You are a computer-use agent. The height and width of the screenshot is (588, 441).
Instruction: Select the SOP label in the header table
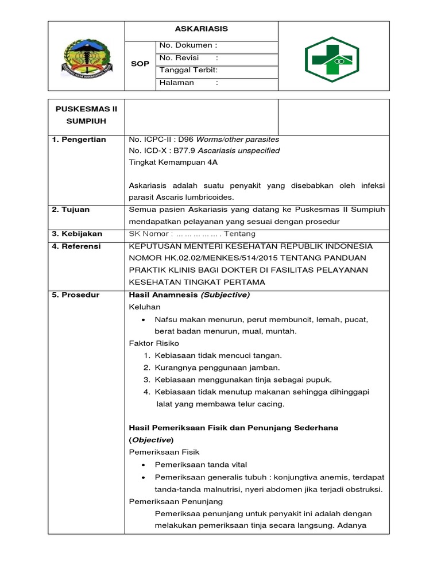(140, 64)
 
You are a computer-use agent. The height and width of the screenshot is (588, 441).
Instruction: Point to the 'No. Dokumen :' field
(188, 45)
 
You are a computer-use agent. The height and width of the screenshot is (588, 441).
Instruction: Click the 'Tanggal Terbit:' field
(188, 70)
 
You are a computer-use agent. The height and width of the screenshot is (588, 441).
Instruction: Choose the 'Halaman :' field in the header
(188, 83)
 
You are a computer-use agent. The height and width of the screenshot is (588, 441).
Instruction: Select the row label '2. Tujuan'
(71, 210)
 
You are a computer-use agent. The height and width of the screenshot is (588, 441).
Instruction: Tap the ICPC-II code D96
(185, 140)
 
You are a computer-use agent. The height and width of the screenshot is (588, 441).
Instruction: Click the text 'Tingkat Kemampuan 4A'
(173, 162)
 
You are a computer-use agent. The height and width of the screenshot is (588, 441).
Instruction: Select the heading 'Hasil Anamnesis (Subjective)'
(189, 295)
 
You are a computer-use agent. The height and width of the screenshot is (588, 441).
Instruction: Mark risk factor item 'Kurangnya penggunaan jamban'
(212, 367)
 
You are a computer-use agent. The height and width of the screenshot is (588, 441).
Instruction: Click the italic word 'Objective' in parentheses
(152, 440)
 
